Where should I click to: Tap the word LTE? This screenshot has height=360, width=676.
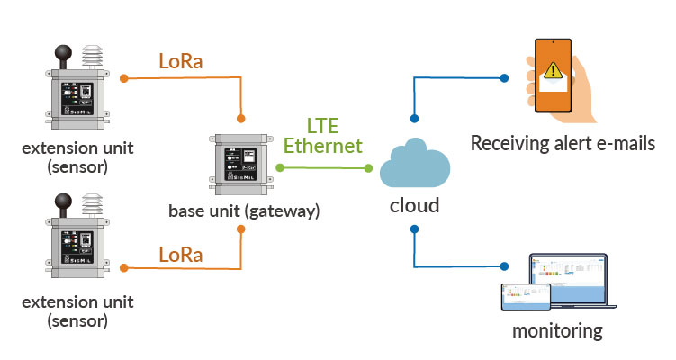(323, 126)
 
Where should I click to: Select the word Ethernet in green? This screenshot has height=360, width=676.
(323, 146)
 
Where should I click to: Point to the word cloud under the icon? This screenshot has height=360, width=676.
(414, 205)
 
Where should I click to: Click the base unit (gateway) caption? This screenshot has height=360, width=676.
(241, 211)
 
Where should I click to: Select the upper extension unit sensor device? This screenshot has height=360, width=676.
(77, 91)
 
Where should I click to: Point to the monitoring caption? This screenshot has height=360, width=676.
(557, 331)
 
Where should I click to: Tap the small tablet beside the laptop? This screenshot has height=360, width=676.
(525, 296)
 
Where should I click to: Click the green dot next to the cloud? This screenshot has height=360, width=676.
(369, 167)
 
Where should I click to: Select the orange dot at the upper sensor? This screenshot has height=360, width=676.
(124, 78)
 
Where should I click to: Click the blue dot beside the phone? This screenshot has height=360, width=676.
(503, 78)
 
